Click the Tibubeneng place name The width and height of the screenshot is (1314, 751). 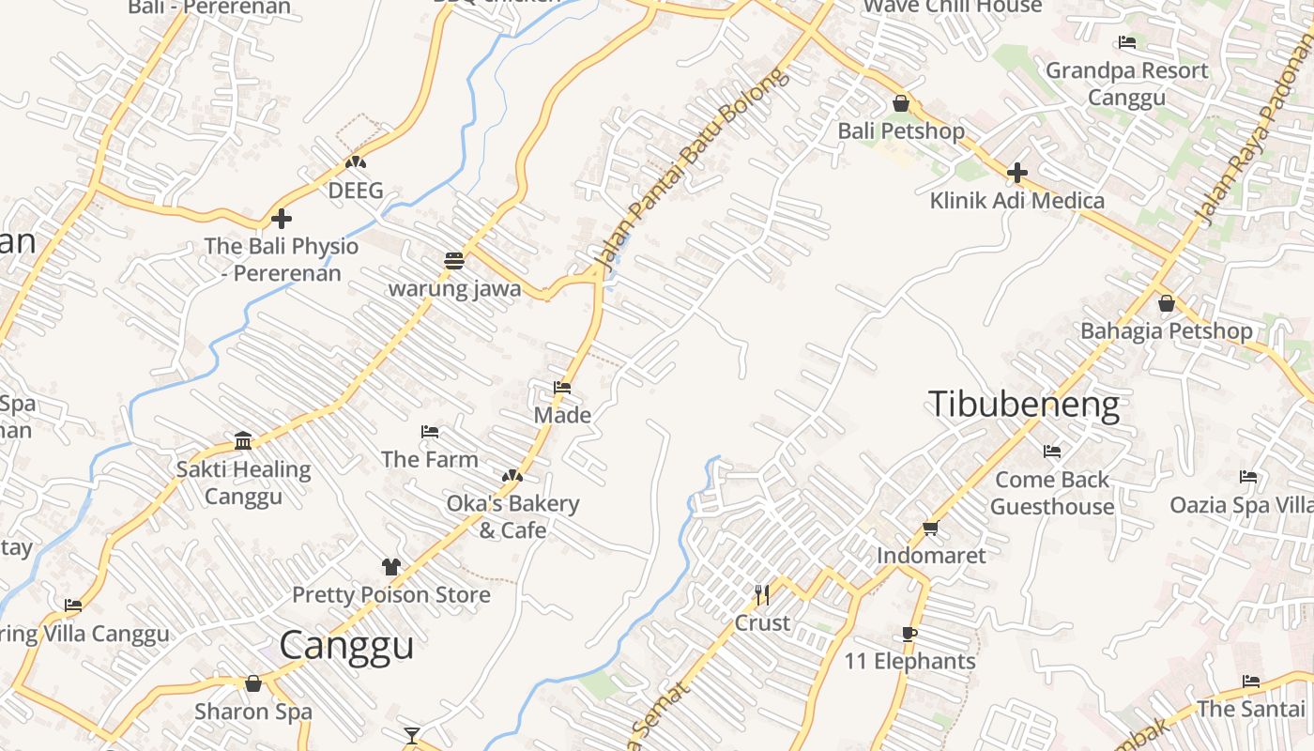click(x=1024, y=405)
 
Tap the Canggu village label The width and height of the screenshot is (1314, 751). click(x=346, y=646)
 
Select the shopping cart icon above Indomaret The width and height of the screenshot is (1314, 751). click(x=931, y=529)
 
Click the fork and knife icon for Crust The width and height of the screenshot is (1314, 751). click(x=762, y=595)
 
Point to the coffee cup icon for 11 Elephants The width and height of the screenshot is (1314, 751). click(x=909, y=634)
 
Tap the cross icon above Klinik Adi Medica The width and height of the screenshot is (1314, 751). click(x=1016, y=173)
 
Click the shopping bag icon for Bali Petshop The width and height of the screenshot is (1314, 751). click(x=901, y=103)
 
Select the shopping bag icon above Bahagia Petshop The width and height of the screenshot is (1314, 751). click(x=1166, y=303)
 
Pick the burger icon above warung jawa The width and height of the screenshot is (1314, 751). click(x=454, y=260)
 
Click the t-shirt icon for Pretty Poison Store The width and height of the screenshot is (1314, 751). click(x=391, y=567)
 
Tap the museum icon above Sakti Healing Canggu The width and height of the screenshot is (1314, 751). click(x=243, y=441)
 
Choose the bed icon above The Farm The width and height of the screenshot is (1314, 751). click(x=430, y=432)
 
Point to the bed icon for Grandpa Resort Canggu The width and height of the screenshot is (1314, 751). click(x=1127, y=42)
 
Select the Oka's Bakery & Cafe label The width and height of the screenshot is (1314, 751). click(x=512, y=516)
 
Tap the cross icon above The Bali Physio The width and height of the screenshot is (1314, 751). click(x=281, y=219)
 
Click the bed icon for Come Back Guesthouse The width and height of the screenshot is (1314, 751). click(x=1052, y=452)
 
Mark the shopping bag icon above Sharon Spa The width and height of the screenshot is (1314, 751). click(x=252, y=683)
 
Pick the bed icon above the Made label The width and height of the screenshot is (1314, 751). click(x=562, y=387)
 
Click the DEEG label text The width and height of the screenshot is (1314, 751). click(x=356, y=191)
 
